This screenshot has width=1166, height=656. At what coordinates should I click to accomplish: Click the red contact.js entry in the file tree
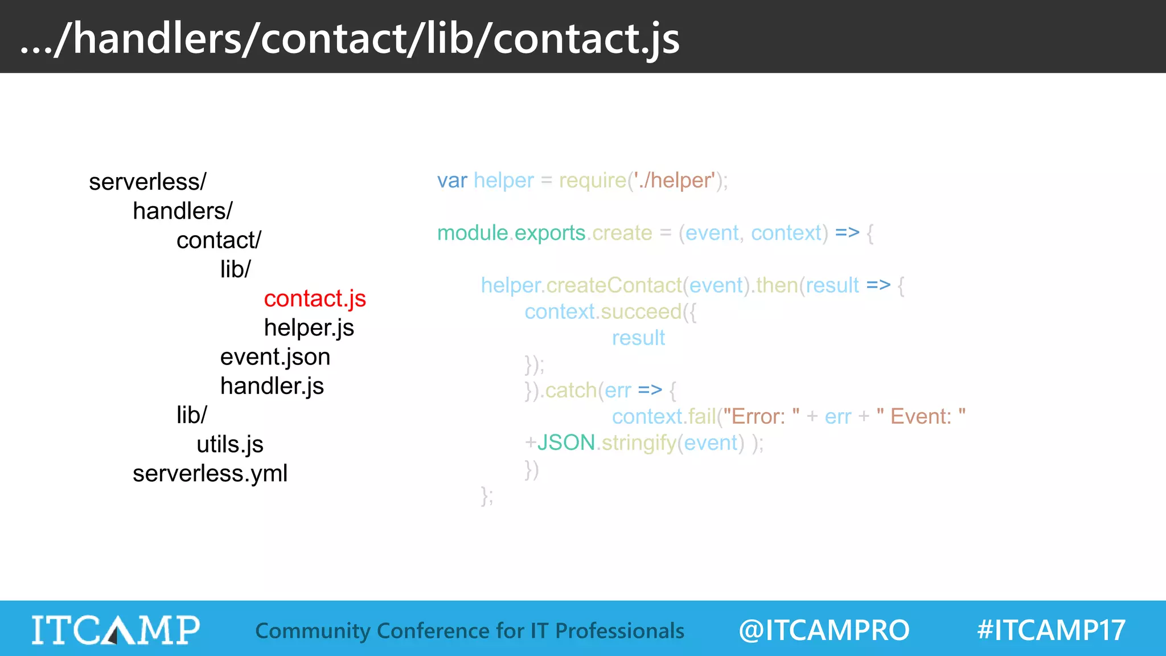pos(315,298)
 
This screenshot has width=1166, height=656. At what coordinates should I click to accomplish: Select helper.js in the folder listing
pos(309,327)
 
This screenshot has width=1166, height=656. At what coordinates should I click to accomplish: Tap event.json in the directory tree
pos(275,357)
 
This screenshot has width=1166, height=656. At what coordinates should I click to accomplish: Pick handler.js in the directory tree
pos(272,386)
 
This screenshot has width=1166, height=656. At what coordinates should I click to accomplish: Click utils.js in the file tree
pos(229,444)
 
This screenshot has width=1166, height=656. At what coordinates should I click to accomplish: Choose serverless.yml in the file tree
pos(210,473)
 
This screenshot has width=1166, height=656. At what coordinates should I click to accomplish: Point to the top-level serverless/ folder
pos(147,182)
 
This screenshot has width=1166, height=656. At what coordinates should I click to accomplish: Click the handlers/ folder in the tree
pos(182,211)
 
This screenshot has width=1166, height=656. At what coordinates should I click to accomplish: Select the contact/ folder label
pos(219,240)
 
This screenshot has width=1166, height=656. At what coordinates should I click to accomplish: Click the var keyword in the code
pos(452,181)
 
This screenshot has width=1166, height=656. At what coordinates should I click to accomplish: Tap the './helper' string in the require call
pos(674,181)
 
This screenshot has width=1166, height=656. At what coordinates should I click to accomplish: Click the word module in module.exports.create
pos(473,233)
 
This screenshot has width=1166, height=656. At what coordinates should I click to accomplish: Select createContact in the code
pos(614,285)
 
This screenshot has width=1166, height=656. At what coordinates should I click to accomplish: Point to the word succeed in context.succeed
pos(641,311)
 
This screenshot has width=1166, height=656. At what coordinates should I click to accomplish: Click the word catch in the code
pos(571,390)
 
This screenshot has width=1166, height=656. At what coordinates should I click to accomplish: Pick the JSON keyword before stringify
pos(566,442)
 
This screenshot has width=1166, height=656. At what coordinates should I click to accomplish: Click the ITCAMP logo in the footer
pos(116,630)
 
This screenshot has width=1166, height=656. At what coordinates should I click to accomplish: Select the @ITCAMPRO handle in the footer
pos(824,630)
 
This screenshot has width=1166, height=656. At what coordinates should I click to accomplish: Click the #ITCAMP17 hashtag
pos(1051,630)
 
